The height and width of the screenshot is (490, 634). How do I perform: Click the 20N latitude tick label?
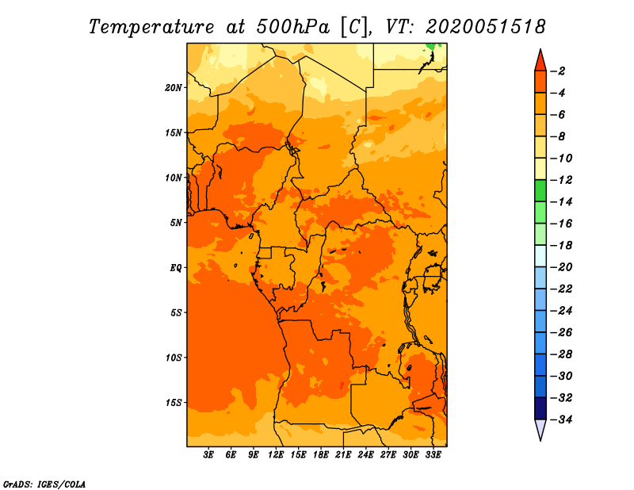(x=173, y=87)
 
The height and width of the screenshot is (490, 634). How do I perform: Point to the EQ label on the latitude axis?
(x=176, y=267)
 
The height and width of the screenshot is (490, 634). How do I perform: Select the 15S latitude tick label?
(x=173, y=403)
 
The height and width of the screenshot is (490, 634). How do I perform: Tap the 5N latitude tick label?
(x=176, y=223)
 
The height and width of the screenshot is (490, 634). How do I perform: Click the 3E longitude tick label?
(x=208, y=454)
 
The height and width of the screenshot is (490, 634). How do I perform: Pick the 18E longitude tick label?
(x=321, y=454)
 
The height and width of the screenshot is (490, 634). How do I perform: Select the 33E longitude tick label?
(x=433, y=454)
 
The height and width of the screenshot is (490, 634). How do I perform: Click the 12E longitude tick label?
(x=276, y=454)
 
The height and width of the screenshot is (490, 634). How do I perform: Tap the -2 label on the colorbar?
(x=558, y=71)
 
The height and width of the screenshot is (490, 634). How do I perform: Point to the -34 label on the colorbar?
(x=562, y=419)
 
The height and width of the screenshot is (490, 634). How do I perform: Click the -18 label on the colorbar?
(x=562, y=245)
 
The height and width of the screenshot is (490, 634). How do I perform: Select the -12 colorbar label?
(x=562, y=180)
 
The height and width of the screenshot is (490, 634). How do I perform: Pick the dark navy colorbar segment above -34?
(x=540, y=408)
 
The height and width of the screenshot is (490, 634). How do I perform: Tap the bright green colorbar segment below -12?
(x=540, y=190)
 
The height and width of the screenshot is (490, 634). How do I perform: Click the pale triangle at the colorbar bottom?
(x=540, y=428)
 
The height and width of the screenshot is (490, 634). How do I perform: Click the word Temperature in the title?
(x=151, y=28)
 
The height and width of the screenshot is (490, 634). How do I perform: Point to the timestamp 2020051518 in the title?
(x=486, y=27)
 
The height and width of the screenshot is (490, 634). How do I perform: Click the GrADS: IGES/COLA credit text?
(x=44, y=484)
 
